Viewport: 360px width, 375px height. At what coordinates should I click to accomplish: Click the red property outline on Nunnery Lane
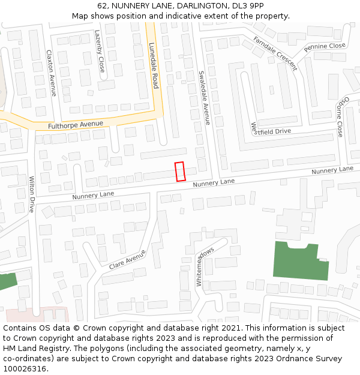tap(179, 172)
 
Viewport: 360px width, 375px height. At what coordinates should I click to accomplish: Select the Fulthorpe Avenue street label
tap(76, 125)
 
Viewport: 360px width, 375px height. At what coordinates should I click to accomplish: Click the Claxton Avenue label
tap(51, 73)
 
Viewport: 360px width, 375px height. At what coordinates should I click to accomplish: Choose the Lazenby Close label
tap(100, 52)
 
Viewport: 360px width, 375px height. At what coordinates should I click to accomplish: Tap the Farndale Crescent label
tap(275, 53)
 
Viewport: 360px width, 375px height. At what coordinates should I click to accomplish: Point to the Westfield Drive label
tap(271, 130)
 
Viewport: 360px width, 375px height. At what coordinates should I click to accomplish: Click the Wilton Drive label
tap(32, 194)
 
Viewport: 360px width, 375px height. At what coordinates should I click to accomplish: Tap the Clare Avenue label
tap(127, 260)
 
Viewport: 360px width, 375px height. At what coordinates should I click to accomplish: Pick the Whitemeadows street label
tap(205, 266)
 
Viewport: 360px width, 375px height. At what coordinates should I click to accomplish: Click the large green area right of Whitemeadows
tap(299, 260)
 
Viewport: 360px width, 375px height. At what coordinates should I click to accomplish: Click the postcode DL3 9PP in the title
tap(247, 6)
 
